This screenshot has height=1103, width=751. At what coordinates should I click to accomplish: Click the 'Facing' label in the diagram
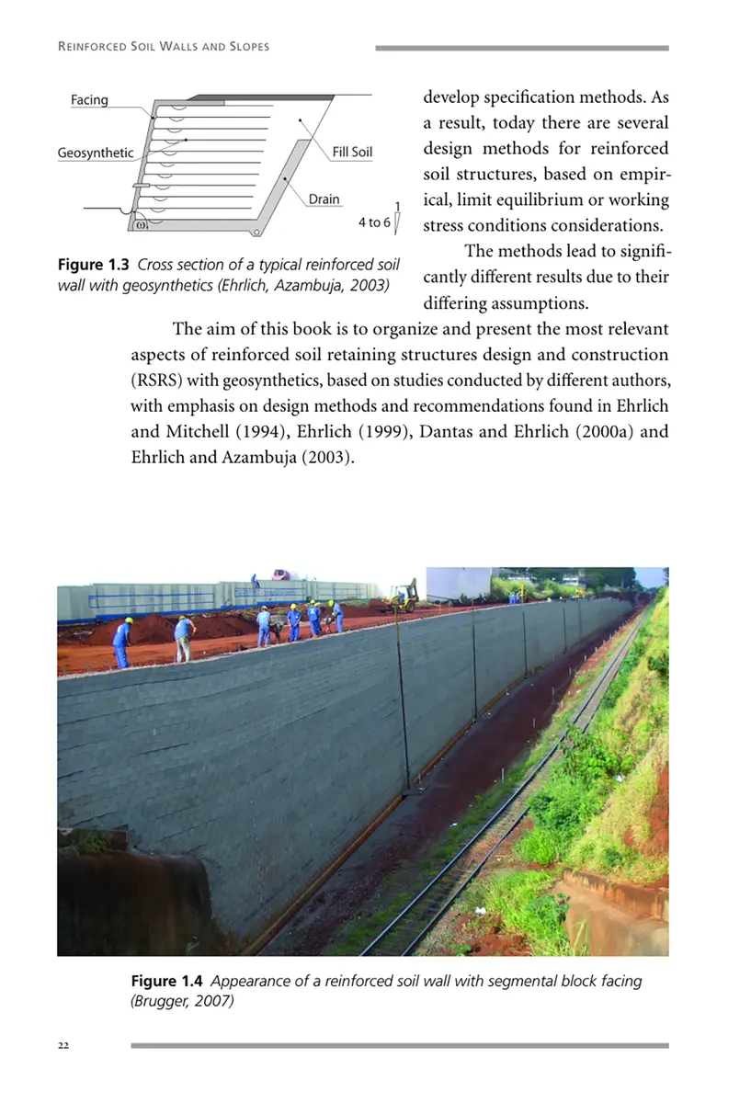click(89, 100)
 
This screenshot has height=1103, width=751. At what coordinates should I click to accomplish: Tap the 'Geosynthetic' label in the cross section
click(96, 154)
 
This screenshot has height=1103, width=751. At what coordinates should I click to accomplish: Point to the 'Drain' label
click(324, 199)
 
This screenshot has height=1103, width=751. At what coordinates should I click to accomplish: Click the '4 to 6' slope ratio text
click(374, 222)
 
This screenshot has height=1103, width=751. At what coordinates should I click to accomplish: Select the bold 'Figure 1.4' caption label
click(167, 981)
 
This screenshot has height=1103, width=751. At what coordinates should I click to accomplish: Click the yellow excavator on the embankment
click(403, 597)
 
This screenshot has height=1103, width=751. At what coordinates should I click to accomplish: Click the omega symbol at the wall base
click(141, 222)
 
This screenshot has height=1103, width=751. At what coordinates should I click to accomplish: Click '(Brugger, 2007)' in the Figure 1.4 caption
click(182, 1001)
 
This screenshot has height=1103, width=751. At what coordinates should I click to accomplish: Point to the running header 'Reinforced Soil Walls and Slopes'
click(164, 47)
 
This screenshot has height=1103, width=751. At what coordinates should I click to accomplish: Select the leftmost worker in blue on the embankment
click(122, 642)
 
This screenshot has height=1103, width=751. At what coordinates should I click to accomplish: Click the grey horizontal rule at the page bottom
click(399, 1045)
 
